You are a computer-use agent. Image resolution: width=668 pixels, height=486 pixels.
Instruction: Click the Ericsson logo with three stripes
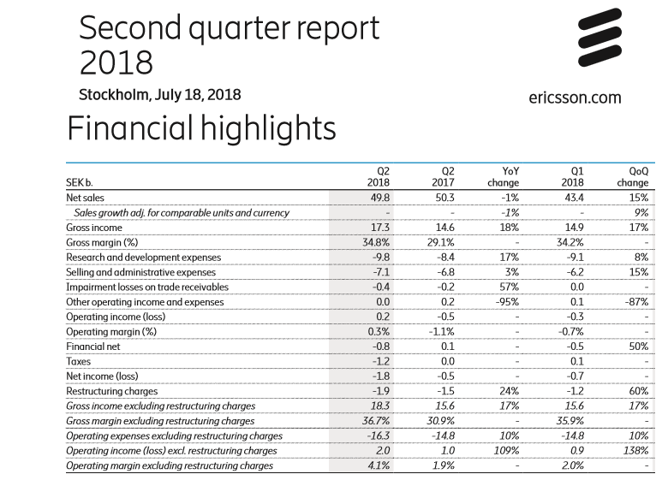click(x=599, y=39)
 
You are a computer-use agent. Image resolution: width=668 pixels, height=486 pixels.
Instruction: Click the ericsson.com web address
click(x=575, y=98)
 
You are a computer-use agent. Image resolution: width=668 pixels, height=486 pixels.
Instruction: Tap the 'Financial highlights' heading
click(x=201, y=128)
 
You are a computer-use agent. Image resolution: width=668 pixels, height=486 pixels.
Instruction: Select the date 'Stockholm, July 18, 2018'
click(x=159, y=94)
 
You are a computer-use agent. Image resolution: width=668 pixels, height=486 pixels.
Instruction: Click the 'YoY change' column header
click(x=504, y=176)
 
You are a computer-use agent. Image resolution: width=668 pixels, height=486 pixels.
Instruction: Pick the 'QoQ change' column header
click(x=633, y=176)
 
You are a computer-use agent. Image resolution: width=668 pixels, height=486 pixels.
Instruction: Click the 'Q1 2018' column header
click(x=570, y=176)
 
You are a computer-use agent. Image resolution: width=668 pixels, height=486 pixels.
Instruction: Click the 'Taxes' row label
click(x=80, y=361)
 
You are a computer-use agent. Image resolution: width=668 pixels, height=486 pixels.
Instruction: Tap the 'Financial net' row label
click(x=93, y=347)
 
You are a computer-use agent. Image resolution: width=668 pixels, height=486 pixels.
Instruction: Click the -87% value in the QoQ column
click(x=635, y=302)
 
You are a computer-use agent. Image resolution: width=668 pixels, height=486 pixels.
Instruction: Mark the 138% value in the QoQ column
click(x=635, y=451)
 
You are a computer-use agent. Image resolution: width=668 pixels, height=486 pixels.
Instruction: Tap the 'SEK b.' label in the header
click(x=80, y=182)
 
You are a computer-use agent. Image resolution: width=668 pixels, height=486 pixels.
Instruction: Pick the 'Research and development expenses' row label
click(x=143, y=258)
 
